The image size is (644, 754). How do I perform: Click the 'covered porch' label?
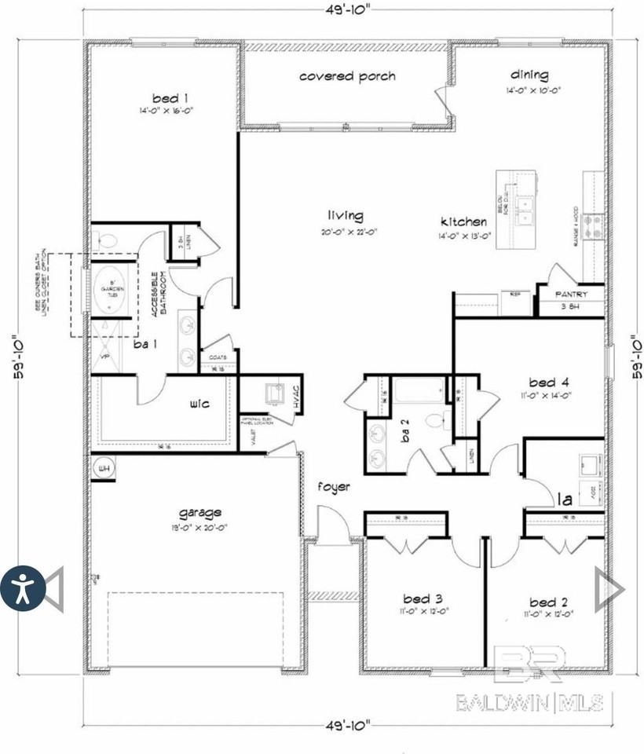347,77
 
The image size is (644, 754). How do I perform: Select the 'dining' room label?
529,75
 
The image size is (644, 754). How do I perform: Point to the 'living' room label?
346,216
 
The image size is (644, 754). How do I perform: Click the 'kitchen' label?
463,222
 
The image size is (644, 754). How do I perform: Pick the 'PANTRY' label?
571,295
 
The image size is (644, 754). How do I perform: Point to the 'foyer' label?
334,487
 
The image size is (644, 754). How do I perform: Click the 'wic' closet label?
198,405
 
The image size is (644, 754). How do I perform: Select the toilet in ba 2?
435,420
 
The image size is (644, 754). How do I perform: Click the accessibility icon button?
23,588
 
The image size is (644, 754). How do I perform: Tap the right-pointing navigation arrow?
609,588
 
